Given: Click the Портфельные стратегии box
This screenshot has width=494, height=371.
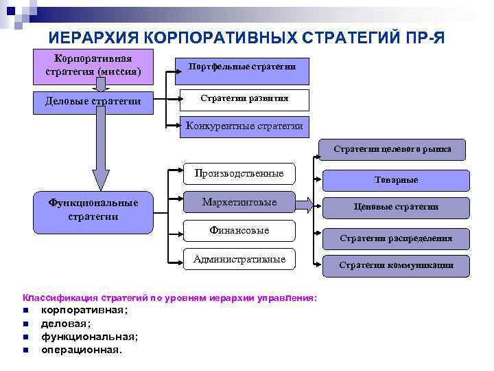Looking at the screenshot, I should [244, 66].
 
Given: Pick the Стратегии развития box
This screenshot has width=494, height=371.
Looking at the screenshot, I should [244, 99].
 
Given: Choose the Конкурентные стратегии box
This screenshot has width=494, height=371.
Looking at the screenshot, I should [244, 126].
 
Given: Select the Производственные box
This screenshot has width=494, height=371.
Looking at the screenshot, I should [239, 174].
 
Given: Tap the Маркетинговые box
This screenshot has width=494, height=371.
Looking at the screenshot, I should [239, 202].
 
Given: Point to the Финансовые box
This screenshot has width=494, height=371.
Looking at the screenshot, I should [239, 230].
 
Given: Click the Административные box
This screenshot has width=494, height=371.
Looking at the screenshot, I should [239, 259].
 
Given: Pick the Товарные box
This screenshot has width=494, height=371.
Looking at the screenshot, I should [396, 179].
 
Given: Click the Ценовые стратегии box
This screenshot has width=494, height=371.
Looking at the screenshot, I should [396, 207].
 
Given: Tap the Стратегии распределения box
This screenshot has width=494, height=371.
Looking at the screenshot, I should [396, 238].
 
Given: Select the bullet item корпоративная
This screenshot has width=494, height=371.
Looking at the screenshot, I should [84, 310].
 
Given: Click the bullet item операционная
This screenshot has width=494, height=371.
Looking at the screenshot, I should [81, 349].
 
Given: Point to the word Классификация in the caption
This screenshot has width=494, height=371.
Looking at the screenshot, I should [60, 297].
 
